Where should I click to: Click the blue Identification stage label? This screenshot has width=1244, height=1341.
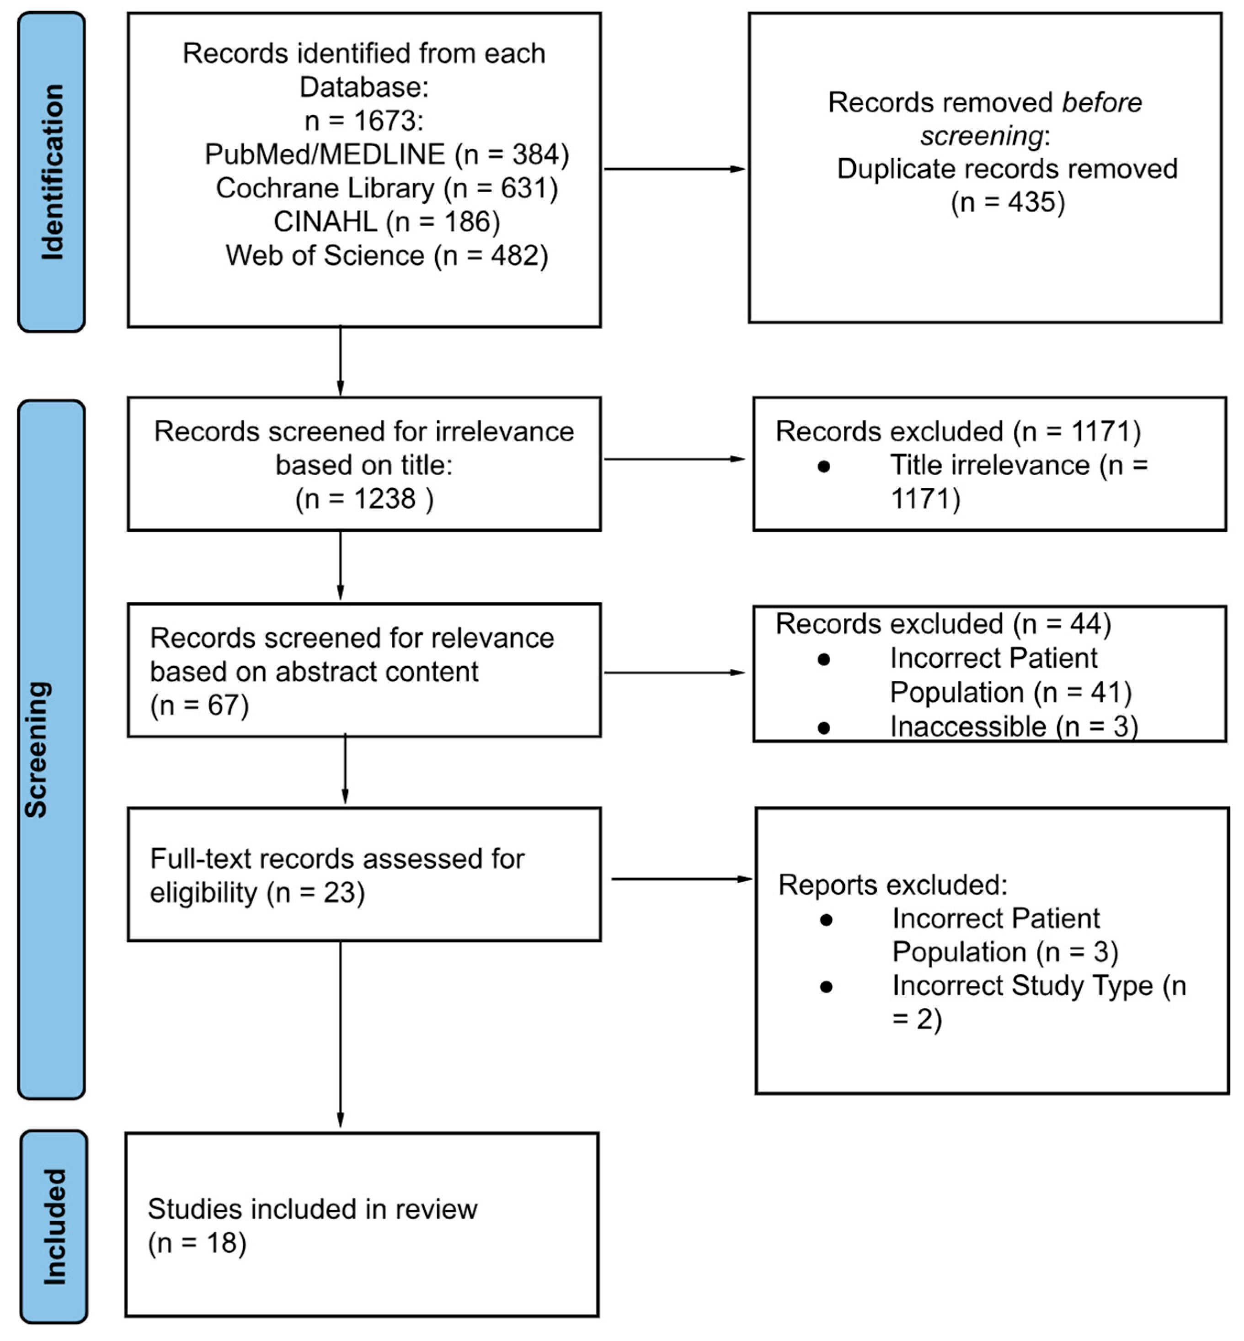(51, 172)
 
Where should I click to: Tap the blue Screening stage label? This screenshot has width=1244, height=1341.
(51, 749)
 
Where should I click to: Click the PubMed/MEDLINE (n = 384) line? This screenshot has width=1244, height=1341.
(386, 154)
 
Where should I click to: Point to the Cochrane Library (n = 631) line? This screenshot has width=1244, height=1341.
(386, 188)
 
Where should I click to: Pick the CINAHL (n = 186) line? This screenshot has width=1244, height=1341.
(386, 222)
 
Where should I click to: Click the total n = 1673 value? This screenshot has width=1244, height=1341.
(363, 121)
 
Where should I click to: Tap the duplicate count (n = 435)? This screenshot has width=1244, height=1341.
(1007, 202)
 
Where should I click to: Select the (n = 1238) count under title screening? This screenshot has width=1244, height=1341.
(363, 498)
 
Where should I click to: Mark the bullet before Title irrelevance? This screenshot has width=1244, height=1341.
(823, 466)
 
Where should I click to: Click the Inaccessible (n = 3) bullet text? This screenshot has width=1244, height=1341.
(1013, 726)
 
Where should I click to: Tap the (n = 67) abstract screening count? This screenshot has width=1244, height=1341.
(199, 705)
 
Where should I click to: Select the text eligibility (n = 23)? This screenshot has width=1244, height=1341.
(257, 892)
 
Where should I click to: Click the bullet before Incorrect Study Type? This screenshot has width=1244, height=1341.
(826, 986)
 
